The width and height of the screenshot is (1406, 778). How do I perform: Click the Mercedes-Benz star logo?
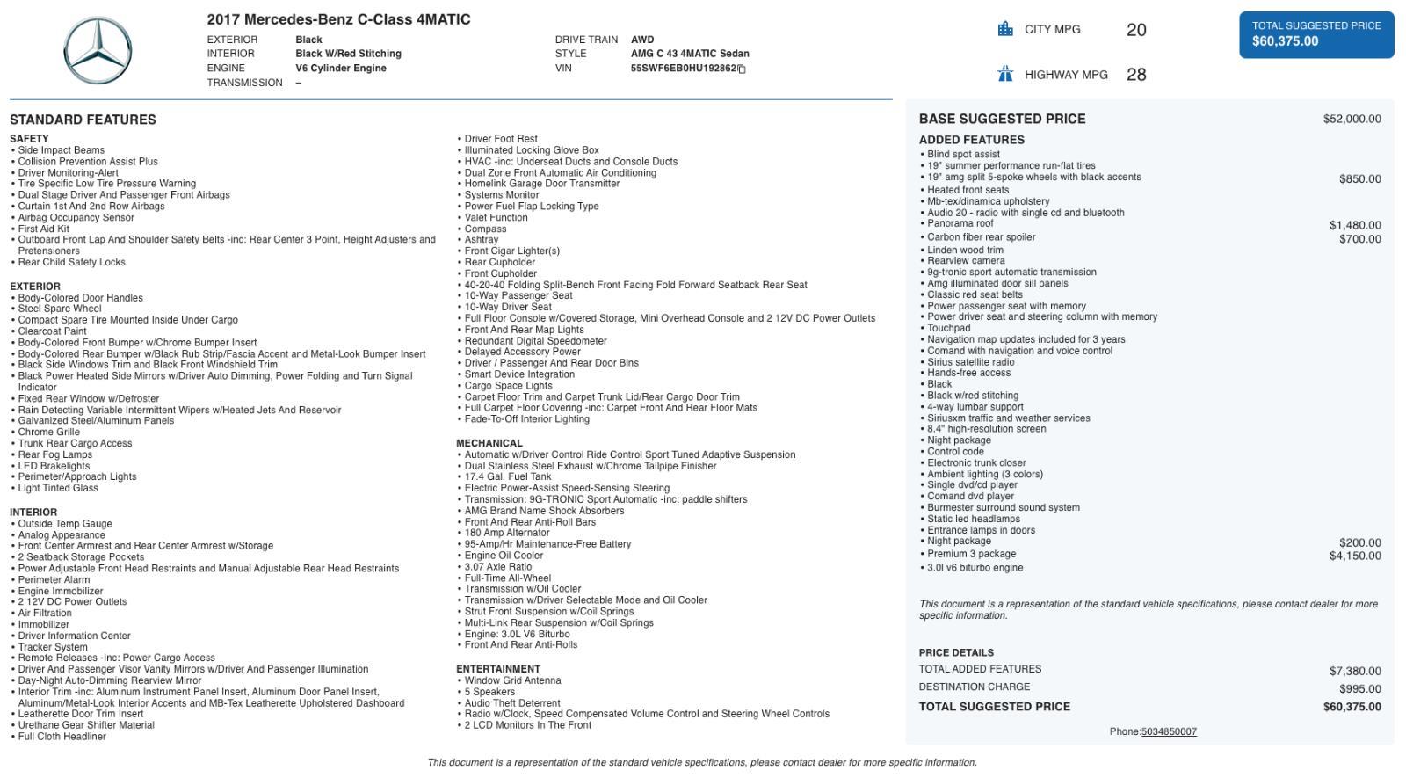pos(98,51)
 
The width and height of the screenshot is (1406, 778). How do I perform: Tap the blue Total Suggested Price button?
pos(1315,34)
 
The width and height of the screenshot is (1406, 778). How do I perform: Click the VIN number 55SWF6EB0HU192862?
pos(683,69)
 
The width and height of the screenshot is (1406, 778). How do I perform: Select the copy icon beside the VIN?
pos(742,69)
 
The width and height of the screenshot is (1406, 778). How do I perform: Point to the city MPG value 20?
pos(1135,31)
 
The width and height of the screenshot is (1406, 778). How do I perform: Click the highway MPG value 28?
pos(1135,76)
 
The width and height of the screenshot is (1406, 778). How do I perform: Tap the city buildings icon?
pos(1005,29)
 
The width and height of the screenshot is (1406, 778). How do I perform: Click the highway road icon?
pos(1005,74)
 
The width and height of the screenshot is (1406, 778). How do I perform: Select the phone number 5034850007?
pos(1168,732)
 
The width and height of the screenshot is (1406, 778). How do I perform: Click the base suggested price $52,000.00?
pos(1352,120)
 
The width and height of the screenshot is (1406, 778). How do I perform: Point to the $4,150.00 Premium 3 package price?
pos(1354,556)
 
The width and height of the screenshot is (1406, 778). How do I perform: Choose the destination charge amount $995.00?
pos(1359,689)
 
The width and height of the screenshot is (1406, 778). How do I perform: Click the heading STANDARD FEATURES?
pos(83,120)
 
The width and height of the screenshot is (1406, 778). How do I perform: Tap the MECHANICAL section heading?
pos(489,444)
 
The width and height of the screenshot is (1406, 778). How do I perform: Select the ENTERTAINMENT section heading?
pos(497,670)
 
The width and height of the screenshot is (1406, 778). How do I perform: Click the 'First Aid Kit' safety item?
pos(43,229)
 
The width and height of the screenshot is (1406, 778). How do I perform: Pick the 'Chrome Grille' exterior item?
pos(48,433)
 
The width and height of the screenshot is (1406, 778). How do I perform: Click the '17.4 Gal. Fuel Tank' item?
pos(507,477)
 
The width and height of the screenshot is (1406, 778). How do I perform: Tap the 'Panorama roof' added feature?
pos(960,224)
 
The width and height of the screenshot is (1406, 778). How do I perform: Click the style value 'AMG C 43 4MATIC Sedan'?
pos(689,54)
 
